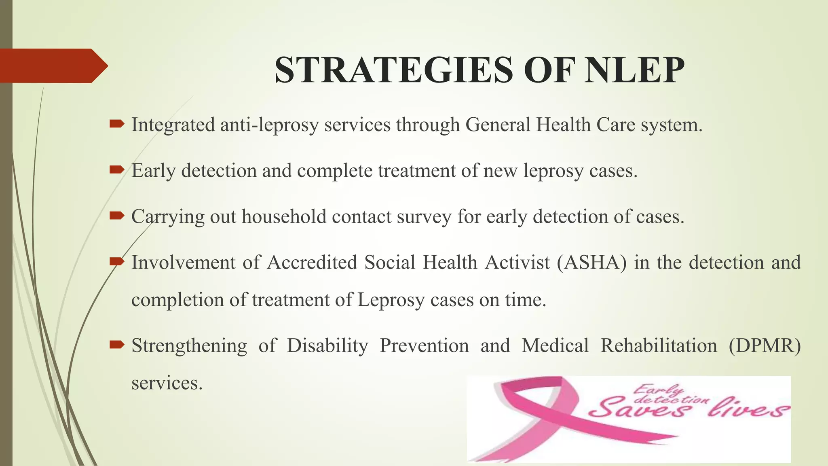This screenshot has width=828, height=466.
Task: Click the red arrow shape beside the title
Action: pos(53,66)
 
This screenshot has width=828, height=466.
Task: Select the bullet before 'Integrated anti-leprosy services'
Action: pos(117,124)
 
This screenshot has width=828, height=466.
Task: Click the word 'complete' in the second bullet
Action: pos(335,170)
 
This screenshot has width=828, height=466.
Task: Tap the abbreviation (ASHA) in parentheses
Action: pos(592,262)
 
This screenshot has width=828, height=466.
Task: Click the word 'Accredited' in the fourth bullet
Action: pos(312,262)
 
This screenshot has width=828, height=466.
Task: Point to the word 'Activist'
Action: pos(517,262)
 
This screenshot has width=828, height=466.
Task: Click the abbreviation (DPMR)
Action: pos(765,346)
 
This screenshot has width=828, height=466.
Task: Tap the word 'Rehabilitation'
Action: pos(659,346)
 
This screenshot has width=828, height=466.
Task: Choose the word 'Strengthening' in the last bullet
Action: pos(189,346)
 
